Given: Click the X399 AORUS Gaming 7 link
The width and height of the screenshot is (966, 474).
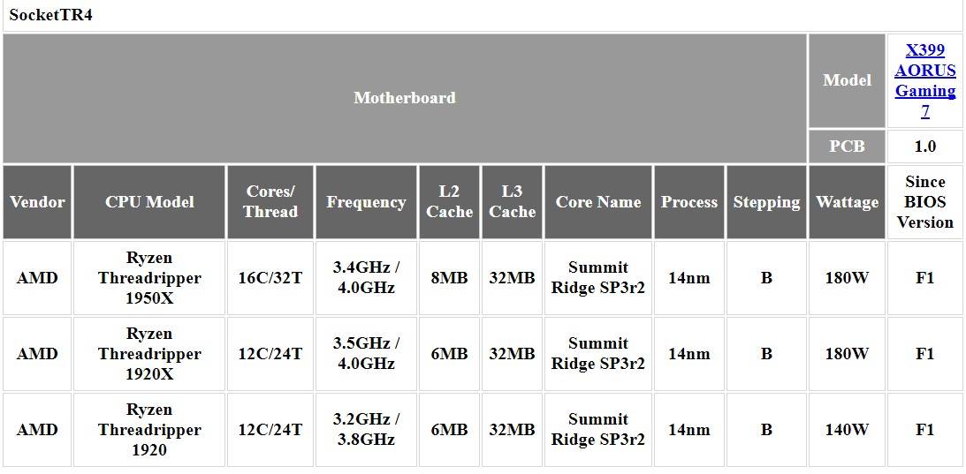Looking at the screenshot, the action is pyautogui.click(x=924, y=80).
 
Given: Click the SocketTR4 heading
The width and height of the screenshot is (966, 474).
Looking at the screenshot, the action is pyautogui.click(x=50, y=15).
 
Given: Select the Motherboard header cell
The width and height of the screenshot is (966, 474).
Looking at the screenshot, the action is pyautogui.click(x=405, y=98).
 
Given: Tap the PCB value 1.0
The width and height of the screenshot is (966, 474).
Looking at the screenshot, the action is pyautogui.click(x=924, y=147).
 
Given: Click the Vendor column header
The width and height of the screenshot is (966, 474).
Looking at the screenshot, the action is pyautogui.click(x=38, y=202).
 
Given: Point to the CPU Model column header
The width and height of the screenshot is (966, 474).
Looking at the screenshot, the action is pyautogui.click(x=149, y=202).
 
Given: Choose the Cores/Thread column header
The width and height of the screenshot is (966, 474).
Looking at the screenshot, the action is pyautogui.click(x=270, y=202).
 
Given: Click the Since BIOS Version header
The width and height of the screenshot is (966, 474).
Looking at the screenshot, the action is pyautogui.click(x=924, y=202).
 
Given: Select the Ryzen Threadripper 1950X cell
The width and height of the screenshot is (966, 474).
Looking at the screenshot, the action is pyautogui.click(x=149, y=278).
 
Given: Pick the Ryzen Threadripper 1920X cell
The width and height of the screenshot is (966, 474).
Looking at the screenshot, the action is pyautogui.click(x=149, y=354).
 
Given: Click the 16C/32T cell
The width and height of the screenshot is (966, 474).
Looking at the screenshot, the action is pyautogui.click(x=270, y=278).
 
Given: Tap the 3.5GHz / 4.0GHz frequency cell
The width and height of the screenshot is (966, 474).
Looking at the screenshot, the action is pyautogui.click(x=366, y=354).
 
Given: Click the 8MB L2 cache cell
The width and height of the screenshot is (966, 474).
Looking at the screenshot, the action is pyautogui.click(x=449, y=278).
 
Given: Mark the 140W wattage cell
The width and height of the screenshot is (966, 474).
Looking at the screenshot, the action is pyautogui.click(x=847, y=430).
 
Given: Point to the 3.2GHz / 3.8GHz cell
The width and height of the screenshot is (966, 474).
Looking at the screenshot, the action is pyautogui.click(x=366, y=430).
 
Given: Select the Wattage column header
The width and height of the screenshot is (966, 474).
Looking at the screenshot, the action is pyautogui.click(x=847, y=202).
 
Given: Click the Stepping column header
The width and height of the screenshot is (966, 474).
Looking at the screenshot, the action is pyautogui.click(x=766, y=202).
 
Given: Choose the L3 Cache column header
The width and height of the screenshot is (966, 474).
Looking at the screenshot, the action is pyautogui.click(x=512, y=202).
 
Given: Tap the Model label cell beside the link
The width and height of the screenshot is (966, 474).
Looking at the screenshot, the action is pyautogui.click(x=847, y=80).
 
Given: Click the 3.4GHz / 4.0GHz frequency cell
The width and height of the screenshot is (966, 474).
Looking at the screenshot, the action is pyautogui.click(x=366, y=278).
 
